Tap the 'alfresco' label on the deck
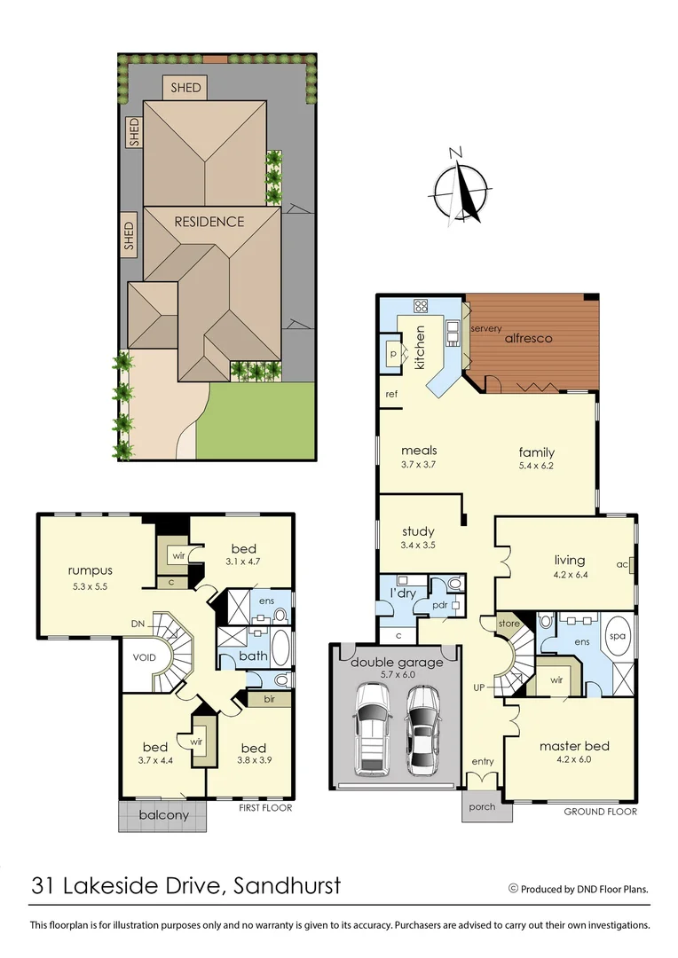point(529,338)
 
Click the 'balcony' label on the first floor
point(163,815)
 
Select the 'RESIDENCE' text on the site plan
point(209,222)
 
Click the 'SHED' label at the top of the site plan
point(185,88)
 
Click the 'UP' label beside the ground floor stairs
point(479,687)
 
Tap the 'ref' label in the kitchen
point(390,394)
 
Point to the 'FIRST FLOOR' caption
point(266,808)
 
